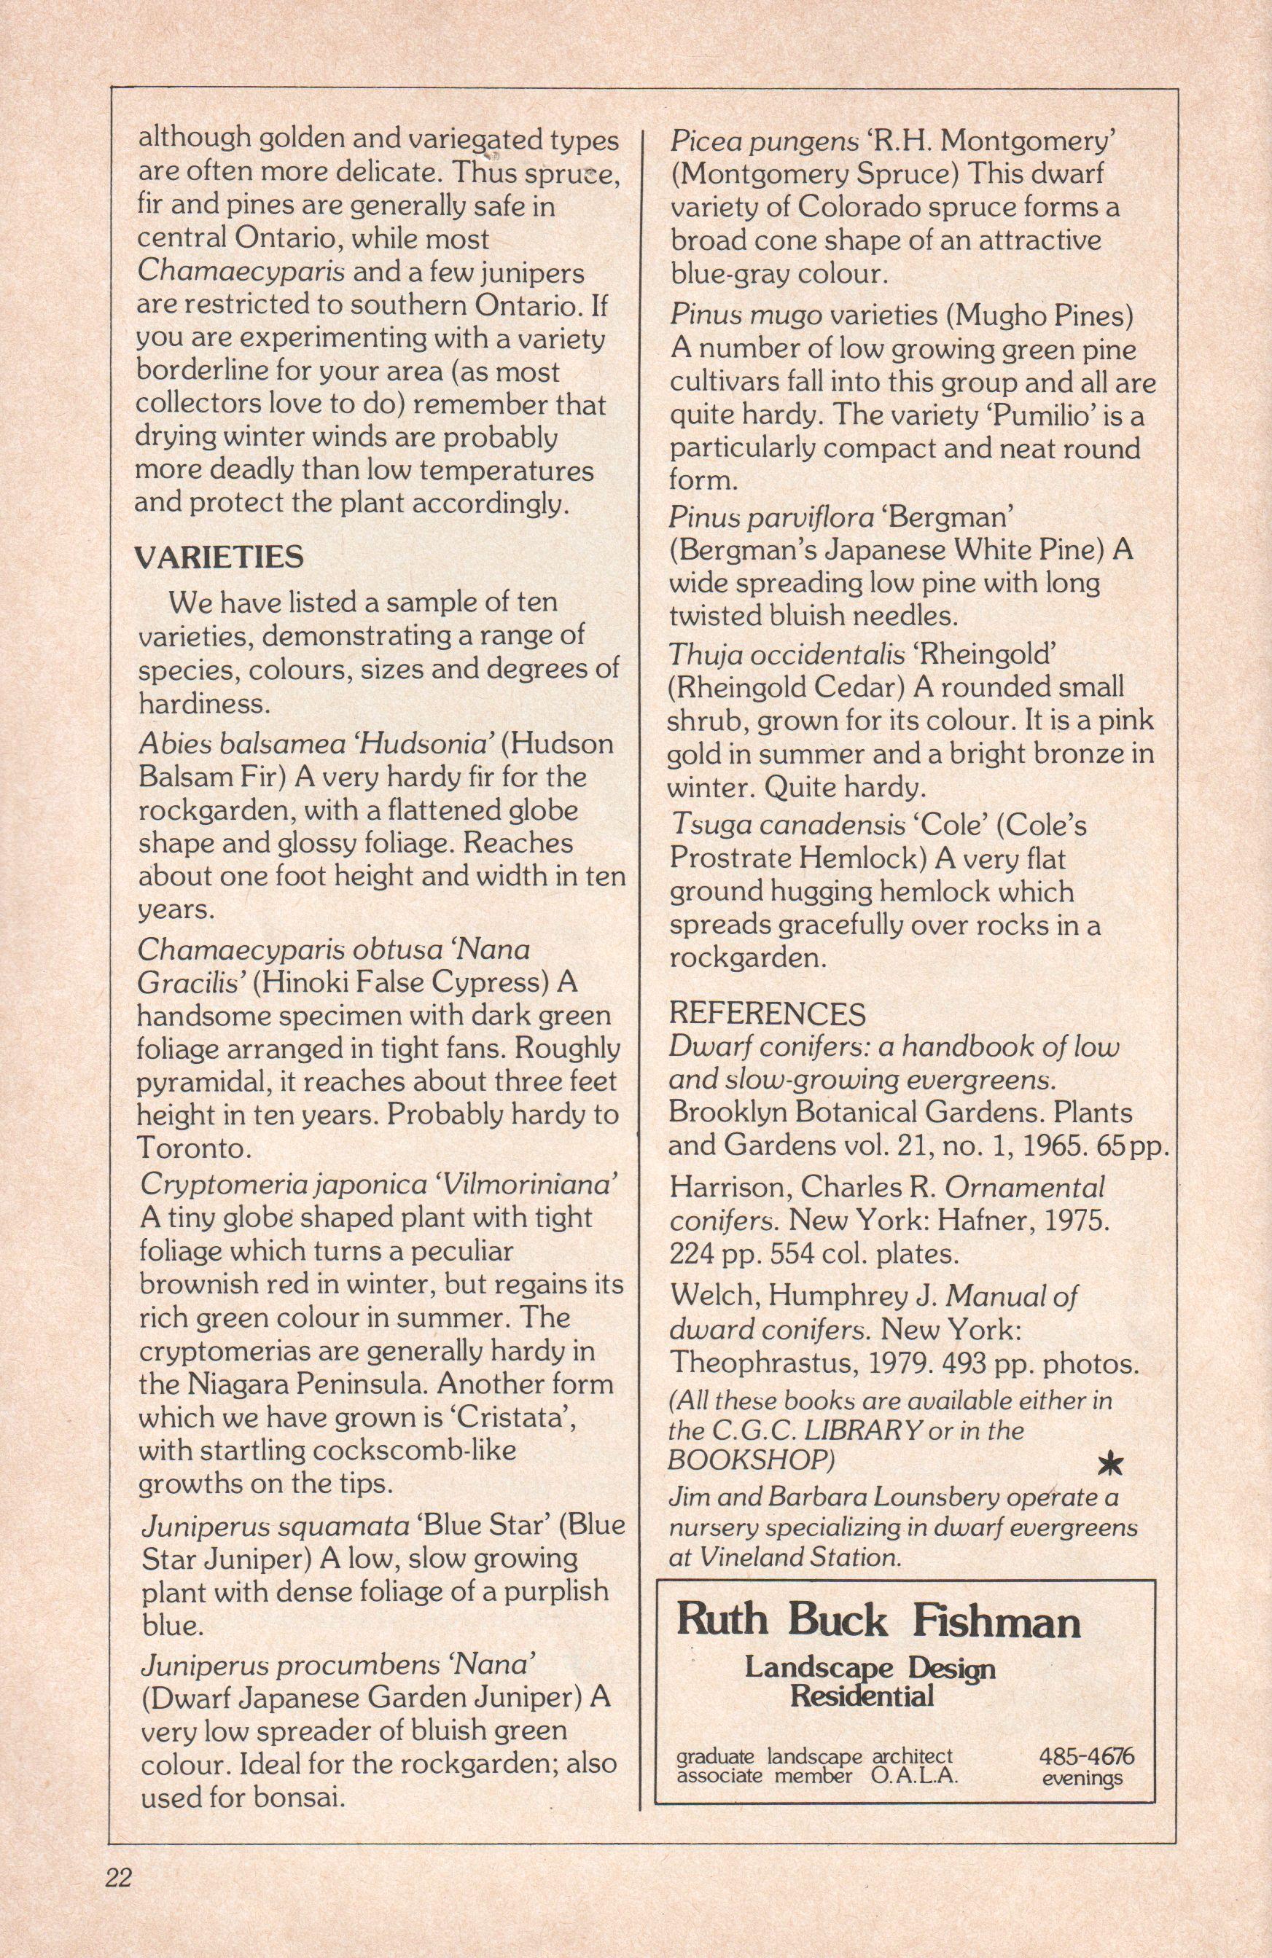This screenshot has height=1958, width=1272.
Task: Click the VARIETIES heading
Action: pyautogui.click(x=219, y=557)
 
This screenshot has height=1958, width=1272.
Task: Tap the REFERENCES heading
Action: pyautogui.click(x=767, y=1013)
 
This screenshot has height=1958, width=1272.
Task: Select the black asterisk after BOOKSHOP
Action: pyautogui.click(x=1110, y=1462)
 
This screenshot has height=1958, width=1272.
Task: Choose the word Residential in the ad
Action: pyautogui.click(x=862, y=1695)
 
